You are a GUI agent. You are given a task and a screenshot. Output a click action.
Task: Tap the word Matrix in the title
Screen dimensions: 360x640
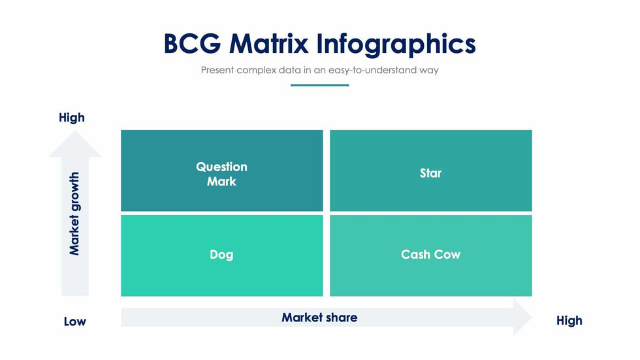coord(268,44)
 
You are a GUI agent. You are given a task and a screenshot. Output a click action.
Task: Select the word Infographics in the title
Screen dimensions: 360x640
coord(396,44)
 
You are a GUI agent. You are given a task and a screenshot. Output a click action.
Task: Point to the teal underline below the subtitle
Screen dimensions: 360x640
coord(319,85)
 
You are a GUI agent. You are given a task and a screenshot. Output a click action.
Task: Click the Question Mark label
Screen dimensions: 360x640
coord(221,174)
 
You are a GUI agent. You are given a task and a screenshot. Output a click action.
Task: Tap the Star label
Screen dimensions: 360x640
coord(430,173)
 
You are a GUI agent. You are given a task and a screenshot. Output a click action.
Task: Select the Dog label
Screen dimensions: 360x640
coord(221,255)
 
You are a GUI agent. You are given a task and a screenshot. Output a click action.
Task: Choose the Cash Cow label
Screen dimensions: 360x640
coord(430,255)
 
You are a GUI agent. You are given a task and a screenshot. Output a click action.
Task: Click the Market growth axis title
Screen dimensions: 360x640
coord(74,214)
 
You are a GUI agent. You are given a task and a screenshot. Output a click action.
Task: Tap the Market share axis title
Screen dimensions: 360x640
coord(319,318)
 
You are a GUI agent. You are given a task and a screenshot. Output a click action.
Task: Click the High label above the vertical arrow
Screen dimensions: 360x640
coord(72,118)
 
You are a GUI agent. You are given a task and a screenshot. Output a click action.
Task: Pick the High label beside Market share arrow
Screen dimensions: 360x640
coord(569,320)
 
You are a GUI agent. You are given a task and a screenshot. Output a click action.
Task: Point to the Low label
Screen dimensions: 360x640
coord(74,321)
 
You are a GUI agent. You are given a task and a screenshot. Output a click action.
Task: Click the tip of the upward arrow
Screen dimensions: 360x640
coord(75,133)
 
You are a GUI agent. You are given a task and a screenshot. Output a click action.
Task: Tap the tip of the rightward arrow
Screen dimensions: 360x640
coord(530,318)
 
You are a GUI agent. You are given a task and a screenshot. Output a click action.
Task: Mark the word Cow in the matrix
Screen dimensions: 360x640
coord(447,255)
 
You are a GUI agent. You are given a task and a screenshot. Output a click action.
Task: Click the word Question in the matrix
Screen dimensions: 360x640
coord(221,167)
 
